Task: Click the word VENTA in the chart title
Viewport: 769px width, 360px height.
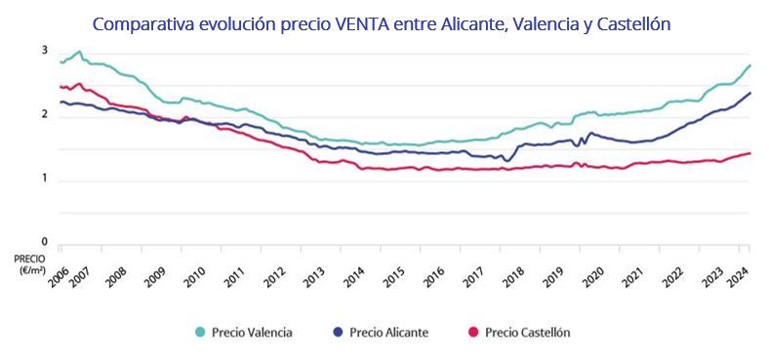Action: [364, 21]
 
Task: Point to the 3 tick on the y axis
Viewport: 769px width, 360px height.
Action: [45, 51]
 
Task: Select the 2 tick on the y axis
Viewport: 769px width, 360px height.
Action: [45, 115]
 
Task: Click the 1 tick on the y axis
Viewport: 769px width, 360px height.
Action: [45, 179]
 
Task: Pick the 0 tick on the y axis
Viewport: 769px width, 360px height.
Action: [45, 242]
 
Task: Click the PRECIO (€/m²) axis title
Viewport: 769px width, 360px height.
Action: [28, 263]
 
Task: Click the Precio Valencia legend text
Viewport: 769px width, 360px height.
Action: [252, 333]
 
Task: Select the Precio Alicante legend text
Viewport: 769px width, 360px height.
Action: [387, 333]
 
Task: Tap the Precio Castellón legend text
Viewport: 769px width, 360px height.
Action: [527, 333]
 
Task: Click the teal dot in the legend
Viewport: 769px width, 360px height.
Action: [201, 333]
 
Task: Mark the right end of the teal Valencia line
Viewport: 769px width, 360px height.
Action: [749, 65]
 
